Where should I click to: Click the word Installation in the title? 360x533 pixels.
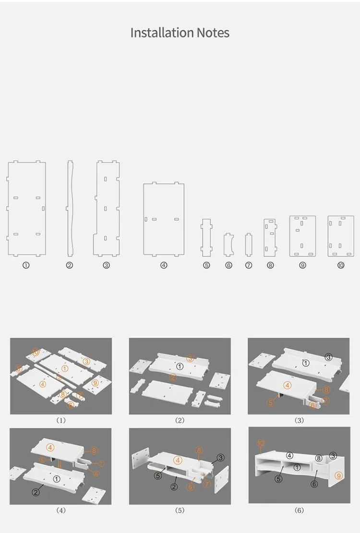(x=157, y=33)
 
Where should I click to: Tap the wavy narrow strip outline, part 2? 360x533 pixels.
(x=70, y=208)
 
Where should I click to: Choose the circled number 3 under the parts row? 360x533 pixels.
(x=107, y=265)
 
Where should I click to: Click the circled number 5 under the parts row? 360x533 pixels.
(x=206, y=265)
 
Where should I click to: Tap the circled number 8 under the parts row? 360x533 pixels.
(x=270, y=265)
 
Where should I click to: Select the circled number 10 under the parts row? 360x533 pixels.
(x=341, y=265)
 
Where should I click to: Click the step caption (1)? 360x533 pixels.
(x=61, y=421)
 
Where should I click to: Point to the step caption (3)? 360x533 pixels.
(x=299, y=421)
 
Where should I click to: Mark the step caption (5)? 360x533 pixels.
(x=180, y=510)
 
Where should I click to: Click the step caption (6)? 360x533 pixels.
(x=299, y=510)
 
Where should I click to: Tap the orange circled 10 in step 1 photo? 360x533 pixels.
(x=36, y=352)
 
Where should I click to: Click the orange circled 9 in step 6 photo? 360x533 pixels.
(x=338, y=475)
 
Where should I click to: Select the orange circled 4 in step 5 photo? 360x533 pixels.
(x=178, y=460)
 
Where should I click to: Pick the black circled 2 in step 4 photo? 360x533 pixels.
(x=36, y=492)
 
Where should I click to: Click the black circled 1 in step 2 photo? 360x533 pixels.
(x=180, y=366)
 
